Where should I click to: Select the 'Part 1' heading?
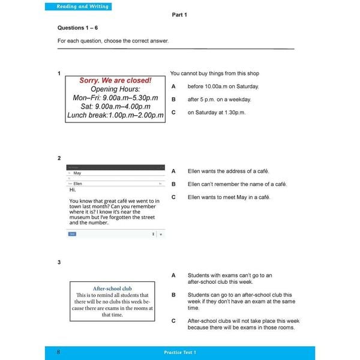[x=181, y=15]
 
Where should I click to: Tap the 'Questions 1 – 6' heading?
[x=78, y=28]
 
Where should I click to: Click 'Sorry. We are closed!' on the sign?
[x=115, y=80]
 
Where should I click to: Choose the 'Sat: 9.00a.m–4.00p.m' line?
[x=115, y=106]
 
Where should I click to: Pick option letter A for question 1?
[x=173, y=86]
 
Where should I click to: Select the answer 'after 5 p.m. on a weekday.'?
[x=219, y=100]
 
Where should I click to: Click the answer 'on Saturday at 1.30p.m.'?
[x=216, y=112]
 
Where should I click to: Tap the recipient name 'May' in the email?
[x=77, y=173]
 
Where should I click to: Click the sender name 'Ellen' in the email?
[x=77, y=183]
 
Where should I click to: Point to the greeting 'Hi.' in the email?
[x=73, y=190]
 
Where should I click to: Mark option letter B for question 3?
[x=173, y=295]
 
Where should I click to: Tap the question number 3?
[x=59, y=262]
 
